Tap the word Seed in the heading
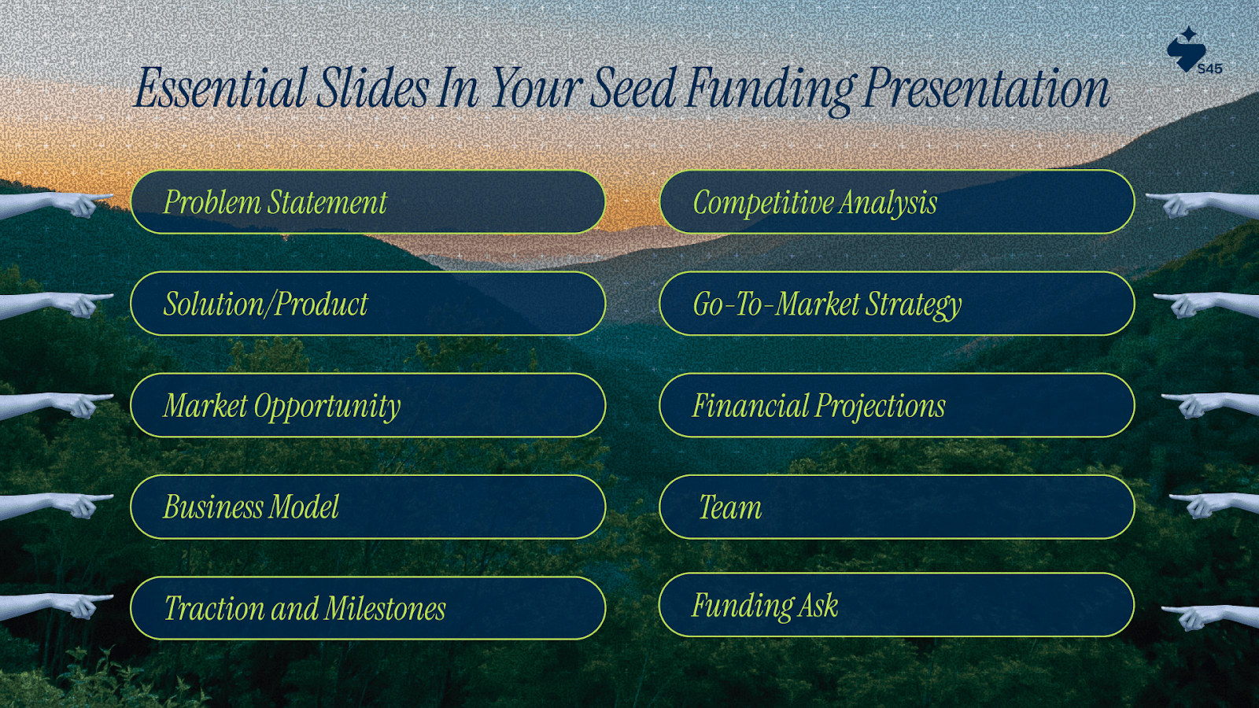(633, 87)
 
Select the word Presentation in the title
(987, 89)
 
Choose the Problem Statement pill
(367, 201)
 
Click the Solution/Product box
(367, 304)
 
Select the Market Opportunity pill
(367, 405)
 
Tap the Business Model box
(367, 507)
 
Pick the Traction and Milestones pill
(367, 608)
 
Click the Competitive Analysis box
(896, 201)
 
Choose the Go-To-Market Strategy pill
(896, 304)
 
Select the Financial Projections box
(896, 405)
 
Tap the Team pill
(896, 507)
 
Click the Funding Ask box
(896, 605)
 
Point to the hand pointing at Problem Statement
(56, 205)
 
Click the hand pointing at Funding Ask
(1209, 618)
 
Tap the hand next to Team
(1214, 506)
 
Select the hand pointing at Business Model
(56, 506)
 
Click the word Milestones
(385, 609)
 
